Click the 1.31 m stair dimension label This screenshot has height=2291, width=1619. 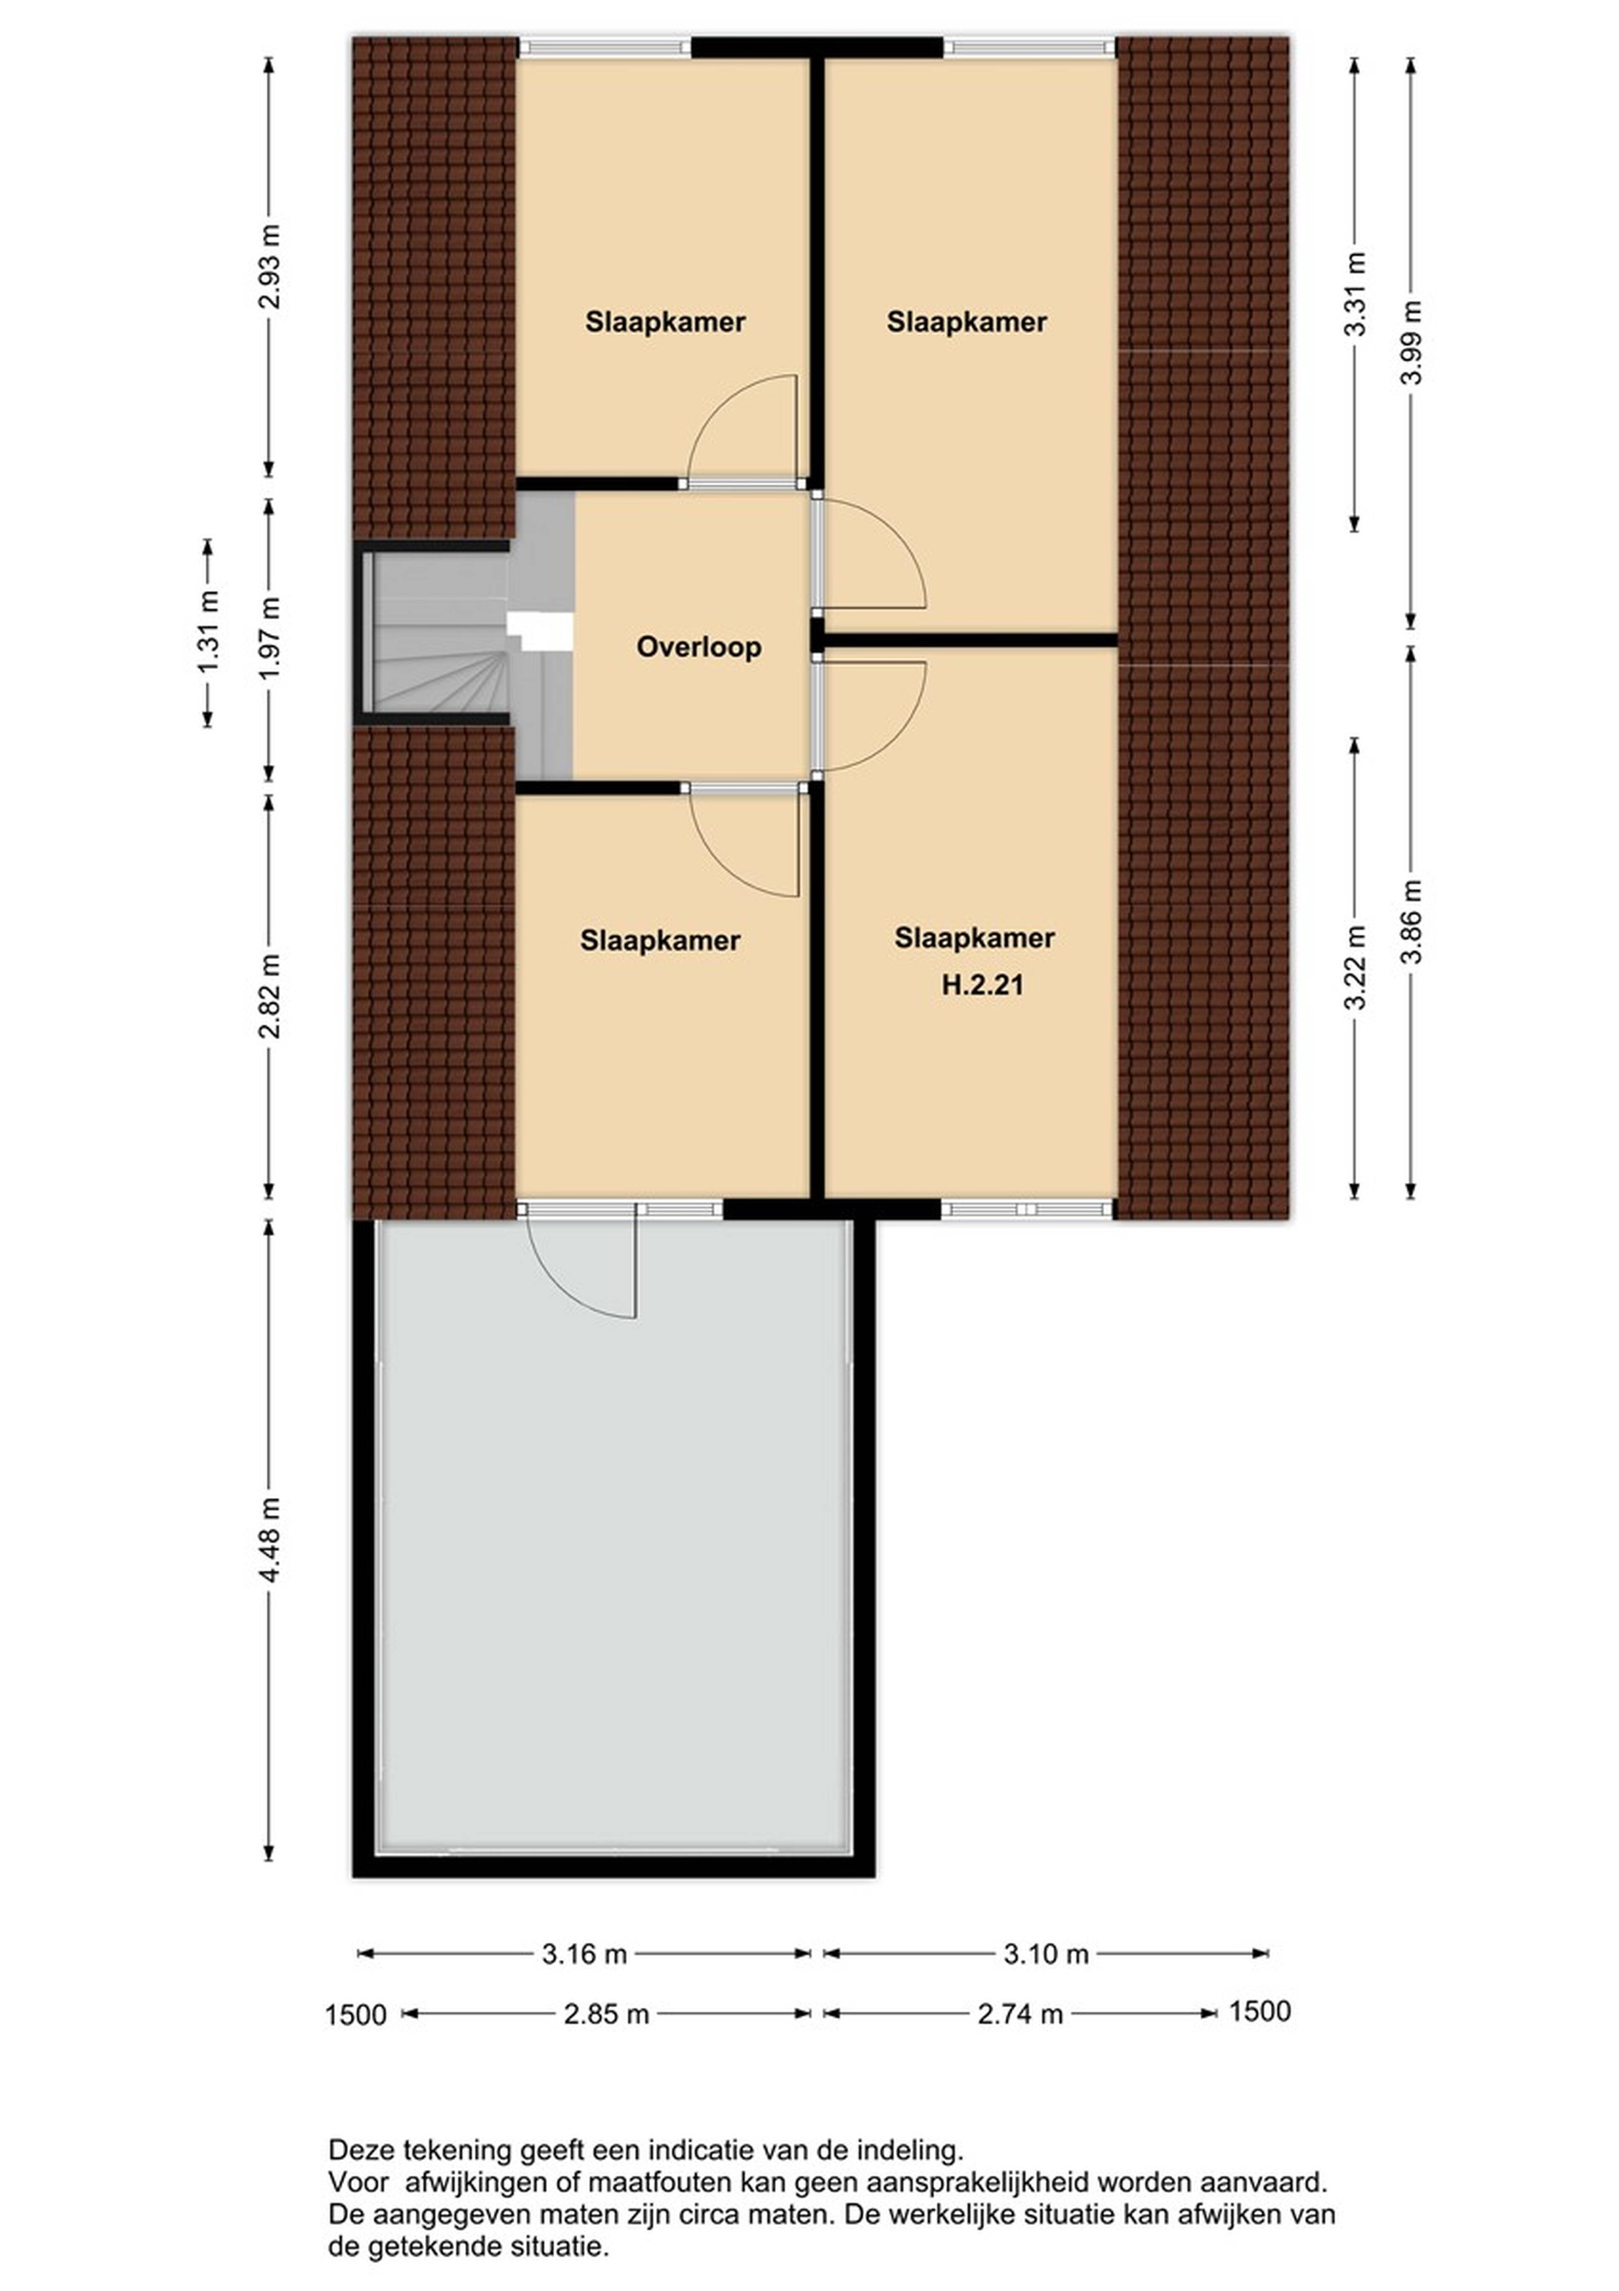[x=208, y=633]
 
